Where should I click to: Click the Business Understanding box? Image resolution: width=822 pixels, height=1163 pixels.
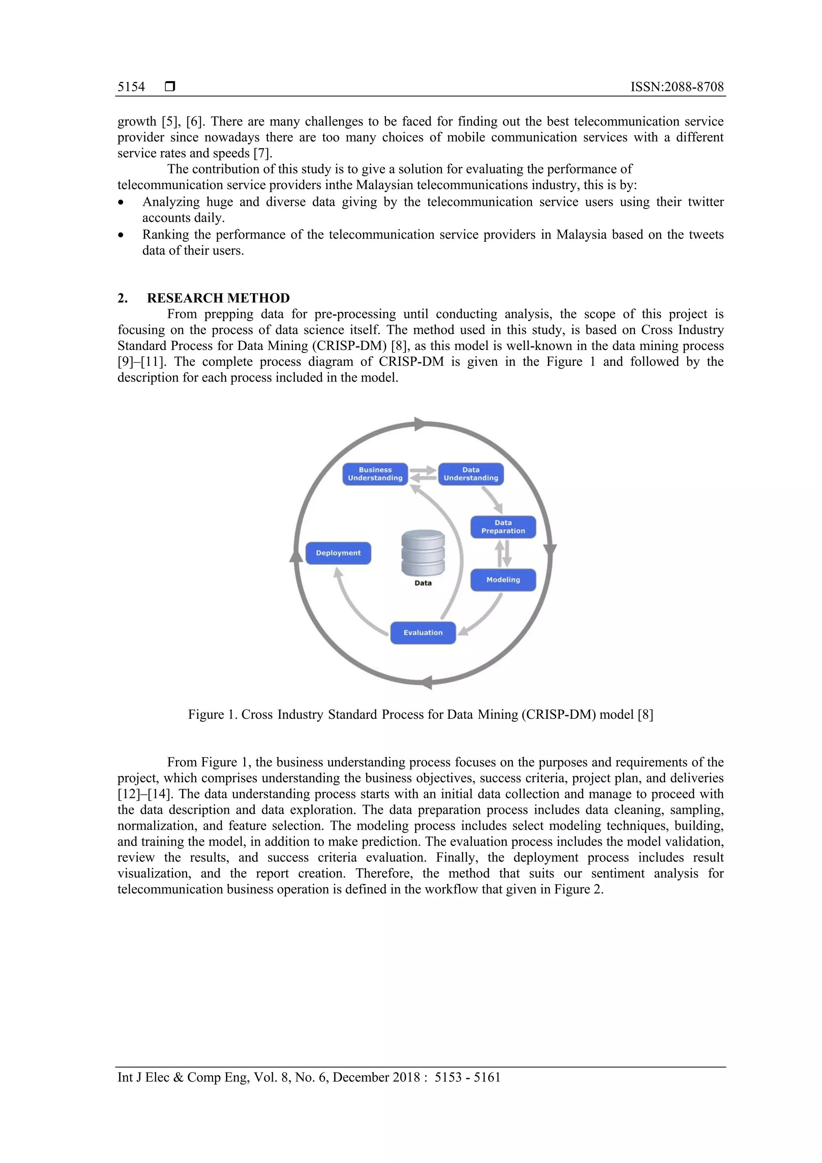(375, 474)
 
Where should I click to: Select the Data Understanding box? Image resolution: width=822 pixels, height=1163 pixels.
(471, 474)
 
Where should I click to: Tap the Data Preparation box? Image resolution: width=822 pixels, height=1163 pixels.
(503, 527)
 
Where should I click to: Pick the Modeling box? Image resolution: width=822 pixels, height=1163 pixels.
(503, 580)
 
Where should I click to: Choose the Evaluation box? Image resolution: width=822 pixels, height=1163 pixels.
(423, 633)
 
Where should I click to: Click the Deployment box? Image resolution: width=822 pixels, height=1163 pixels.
(338, 553)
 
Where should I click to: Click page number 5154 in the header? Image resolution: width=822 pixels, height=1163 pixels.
(131, 87)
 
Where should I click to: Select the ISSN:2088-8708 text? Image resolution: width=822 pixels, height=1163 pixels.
(677, 87)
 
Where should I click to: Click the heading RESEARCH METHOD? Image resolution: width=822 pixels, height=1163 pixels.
(218, 298)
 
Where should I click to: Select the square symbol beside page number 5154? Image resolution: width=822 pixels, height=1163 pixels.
(170, 87)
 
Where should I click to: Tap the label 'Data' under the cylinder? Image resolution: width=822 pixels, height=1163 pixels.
(423, 583)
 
